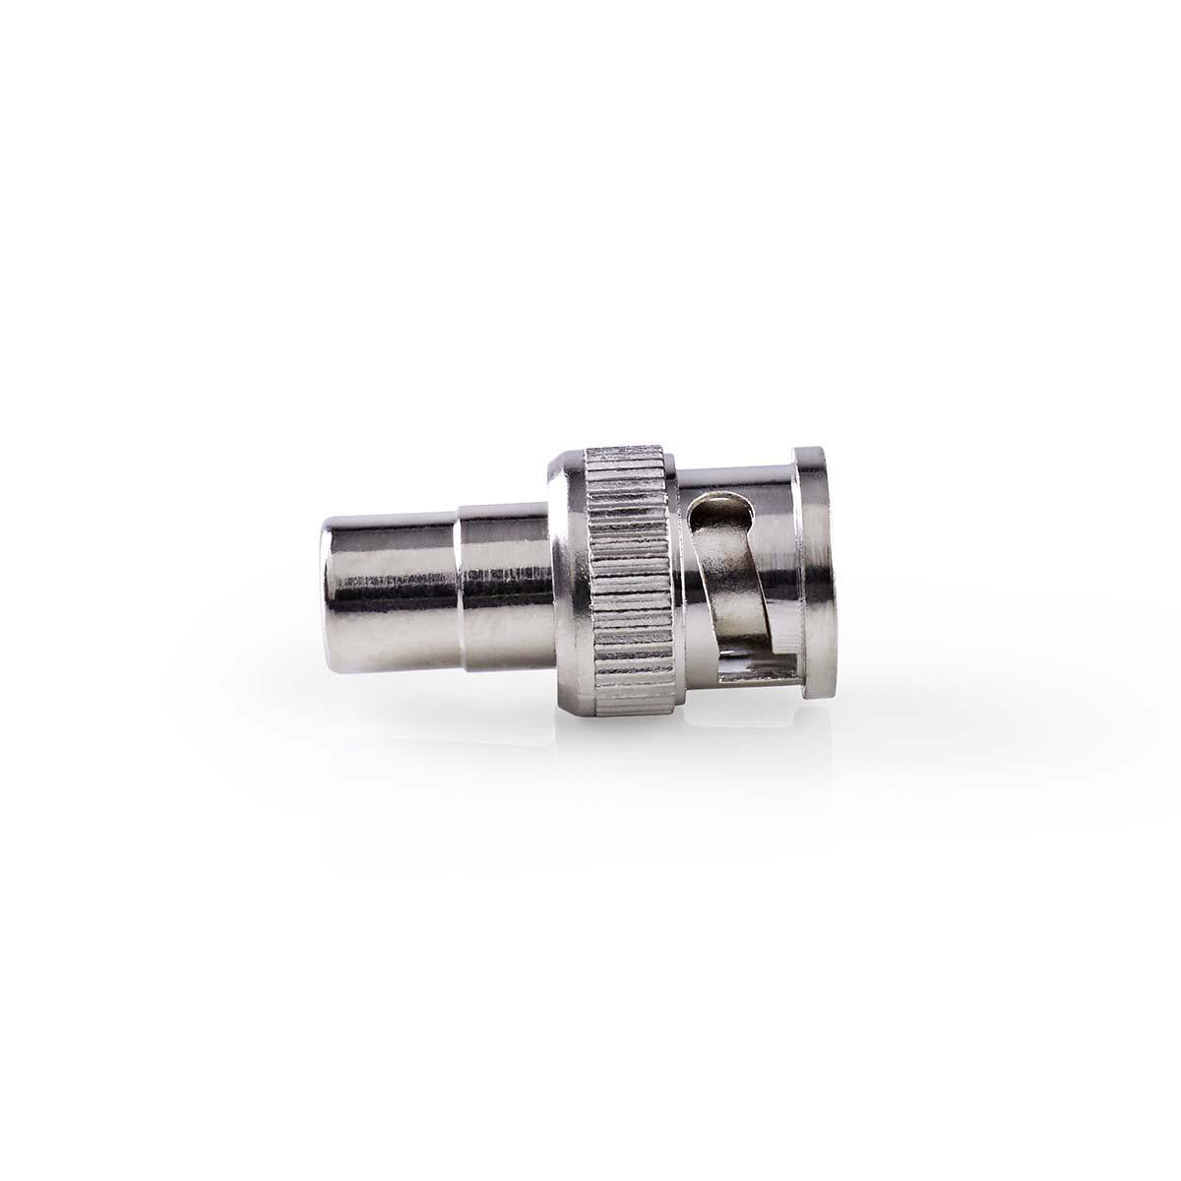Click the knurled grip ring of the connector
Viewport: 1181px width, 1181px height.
[625, 578]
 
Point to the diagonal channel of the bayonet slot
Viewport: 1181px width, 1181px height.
[726, 571]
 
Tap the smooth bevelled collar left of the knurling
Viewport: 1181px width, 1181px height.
[566, 578]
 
